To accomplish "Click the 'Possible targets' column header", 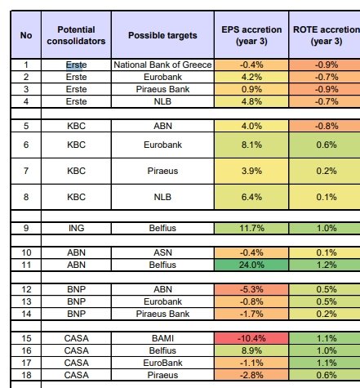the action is tap(162, 35).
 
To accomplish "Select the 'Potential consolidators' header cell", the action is tap(76, 35).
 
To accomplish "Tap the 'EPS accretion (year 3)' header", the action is tap(251, 35).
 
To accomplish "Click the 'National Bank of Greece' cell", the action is tap(162, 65).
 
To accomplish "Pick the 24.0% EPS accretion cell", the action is tap(251, 265).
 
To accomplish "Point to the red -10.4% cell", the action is tap(251, 338).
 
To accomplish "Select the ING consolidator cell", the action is tap(76, 228).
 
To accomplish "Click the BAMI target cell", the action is tap(162, 338).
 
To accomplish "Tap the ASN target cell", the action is tap(162, 252).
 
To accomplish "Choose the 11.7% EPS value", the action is tap(251, 228).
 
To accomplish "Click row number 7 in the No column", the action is tap(26, 171).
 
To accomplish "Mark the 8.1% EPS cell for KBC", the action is tap(251, 145).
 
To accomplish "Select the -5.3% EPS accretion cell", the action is tap(251, 289).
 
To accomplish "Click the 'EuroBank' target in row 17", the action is tap(162, 363).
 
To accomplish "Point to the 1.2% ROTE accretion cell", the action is tap(326, 265).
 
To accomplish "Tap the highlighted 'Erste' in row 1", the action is tap(76, 65).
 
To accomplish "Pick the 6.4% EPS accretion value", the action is tap(251, 197).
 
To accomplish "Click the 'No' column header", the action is tap(26, 35).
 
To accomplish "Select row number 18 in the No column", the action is tap(26, 375).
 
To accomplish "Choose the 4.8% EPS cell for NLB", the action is tap(251, 101).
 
